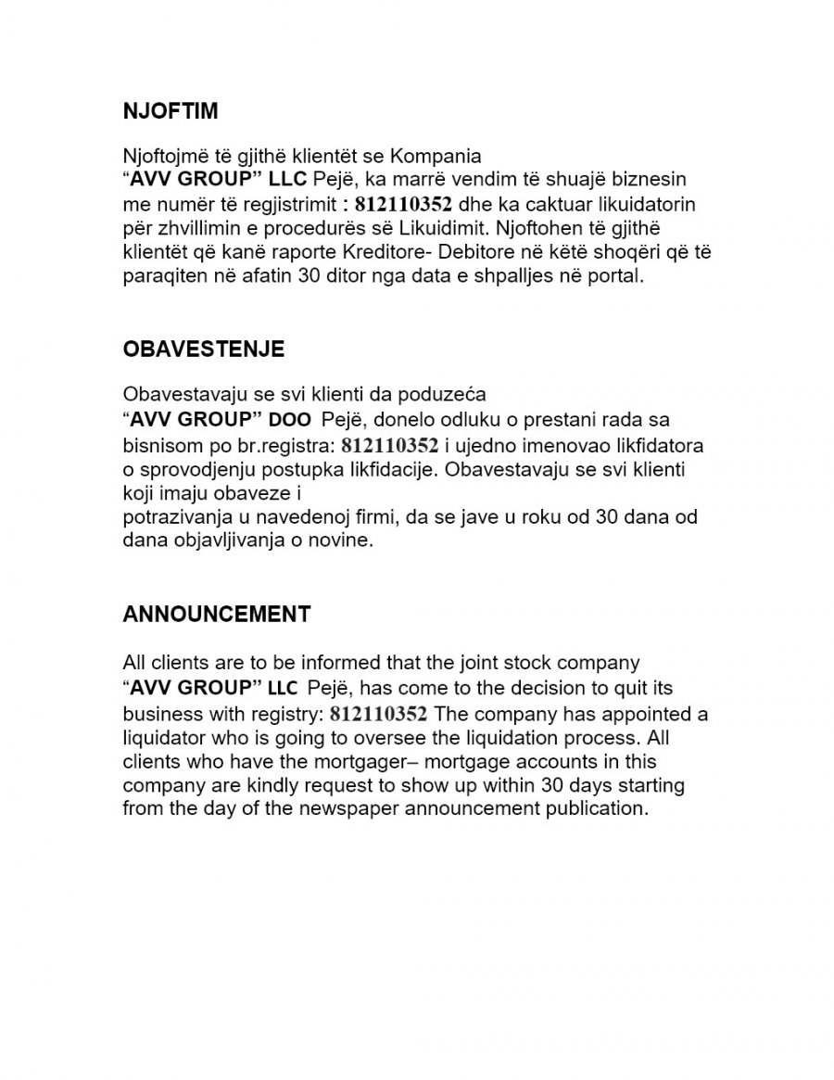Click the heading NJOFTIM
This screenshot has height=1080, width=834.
[x=171, y=111]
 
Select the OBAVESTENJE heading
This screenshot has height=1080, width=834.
[x=204, y=349]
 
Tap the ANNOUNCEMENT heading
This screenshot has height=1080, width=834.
[x=217, y=614]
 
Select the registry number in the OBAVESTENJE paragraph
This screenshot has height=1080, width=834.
[x=389, y=446]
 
